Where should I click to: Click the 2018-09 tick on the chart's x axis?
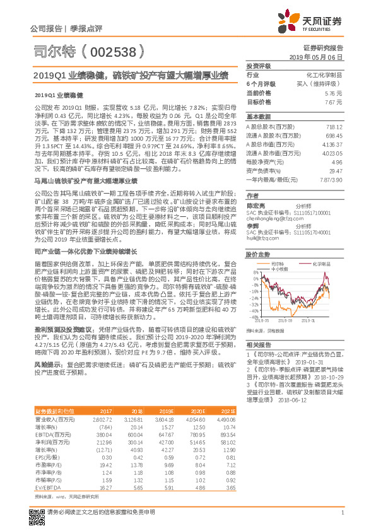(x=295, y=319)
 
